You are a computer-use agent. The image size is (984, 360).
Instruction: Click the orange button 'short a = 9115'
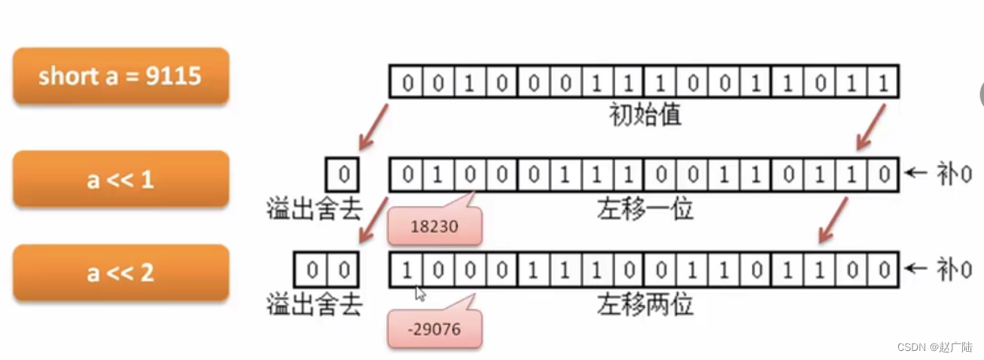point(120,76)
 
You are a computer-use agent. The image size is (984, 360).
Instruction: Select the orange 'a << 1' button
point(120,179)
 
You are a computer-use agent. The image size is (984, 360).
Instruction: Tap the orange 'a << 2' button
point(120,272)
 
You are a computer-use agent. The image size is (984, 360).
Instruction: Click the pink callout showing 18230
point(434,227)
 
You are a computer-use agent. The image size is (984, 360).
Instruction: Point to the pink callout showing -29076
point(434,329)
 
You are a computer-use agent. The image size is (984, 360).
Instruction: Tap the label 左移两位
point(644,304)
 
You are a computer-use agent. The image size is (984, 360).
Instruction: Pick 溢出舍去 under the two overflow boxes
point(314,304)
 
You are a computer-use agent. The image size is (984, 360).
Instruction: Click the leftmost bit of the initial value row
point(407,82)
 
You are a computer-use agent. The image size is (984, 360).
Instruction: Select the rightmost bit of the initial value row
point(883,82)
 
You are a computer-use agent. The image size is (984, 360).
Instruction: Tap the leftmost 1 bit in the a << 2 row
point(407,270)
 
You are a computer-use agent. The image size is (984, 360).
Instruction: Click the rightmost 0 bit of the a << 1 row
point(883,175)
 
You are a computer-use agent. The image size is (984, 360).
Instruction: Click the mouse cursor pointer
point(420,293)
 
